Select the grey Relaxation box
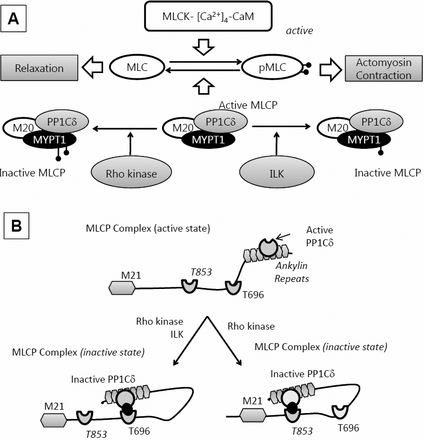pyautogui.click(x=39, y=68)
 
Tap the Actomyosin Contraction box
pyautogui.click(x=383, y=69)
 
